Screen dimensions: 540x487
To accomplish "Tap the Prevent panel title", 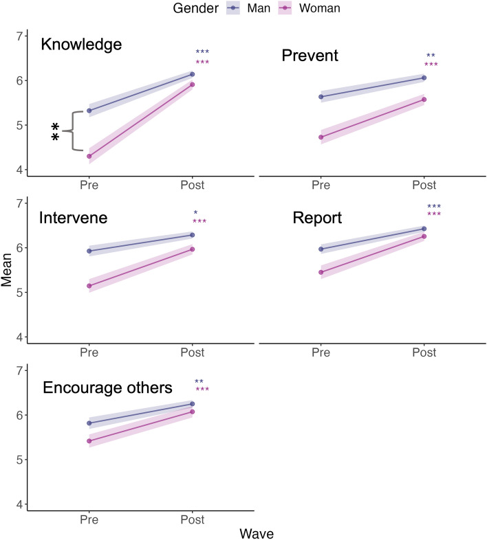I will pyautogui.click(x=310, y=55).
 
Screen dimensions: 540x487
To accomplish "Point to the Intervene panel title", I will pyautogui.click(x=76, y=219).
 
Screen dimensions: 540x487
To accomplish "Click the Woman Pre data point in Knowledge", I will pyautogui.click(x=89, y=157).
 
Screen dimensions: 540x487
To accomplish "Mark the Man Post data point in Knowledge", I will pyautogui.click(x=192, y=74).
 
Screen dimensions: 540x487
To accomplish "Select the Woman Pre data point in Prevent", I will pyautogui.click(x=321, y=137).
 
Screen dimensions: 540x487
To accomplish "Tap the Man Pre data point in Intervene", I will pyautogui.click(x=89, y=251).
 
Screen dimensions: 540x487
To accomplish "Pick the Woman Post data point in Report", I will pyautogui.click(x=424, y=236).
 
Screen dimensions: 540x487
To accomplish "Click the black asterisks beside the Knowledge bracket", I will pyautogui.click(x=56, y=131).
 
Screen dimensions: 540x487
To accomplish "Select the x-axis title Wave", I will pyautogui.click(x=257, y=532).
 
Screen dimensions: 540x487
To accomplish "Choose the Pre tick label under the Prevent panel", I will pyautogui.click(x=321, y=185).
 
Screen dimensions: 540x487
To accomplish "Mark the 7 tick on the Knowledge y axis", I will pyautogui.click(x=19, y=36).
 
